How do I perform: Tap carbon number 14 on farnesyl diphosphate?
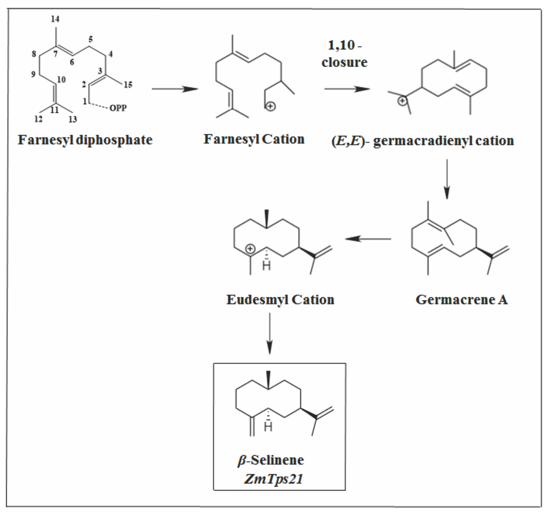click(55, 19)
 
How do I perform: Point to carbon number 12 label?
click(38, 119)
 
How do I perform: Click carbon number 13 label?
click(72, 119)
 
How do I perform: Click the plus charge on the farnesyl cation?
click(271, 106)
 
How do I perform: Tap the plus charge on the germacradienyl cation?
click(402, 101)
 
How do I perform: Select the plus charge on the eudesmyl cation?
click(250, 249)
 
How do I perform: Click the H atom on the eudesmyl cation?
click(266, 266)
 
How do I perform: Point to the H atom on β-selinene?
click(268, 427)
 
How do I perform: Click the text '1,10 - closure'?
click(345, 54)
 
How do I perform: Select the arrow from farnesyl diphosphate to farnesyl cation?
click(175, 89)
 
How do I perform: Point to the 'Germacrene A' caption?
click(461, 300)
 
